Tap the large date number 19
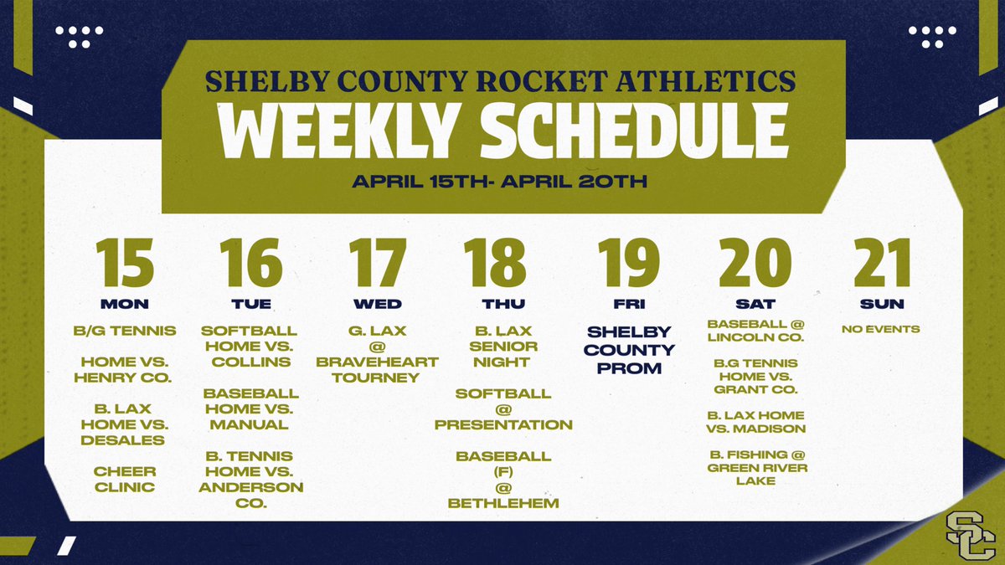[629, 263]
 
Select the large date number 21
[881, 263]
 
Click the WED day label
[378, 303]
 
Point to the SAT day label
[756, 303]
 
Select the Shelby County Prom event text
[629, 350]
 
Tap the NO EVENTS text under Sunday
[881, 329]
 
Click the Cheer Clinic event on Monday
[125, 479]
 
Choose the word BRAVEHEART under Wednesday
[378, 362]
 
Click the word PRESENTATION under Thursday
[503, 424]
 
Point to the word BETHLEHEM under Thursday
[503, 503]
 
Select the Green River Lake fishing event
[757, 467]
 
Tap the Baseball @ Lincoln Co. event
[756, 331]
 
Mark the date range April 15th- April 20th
[499, 182]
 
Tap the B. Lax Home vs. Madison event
[756, 422]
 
